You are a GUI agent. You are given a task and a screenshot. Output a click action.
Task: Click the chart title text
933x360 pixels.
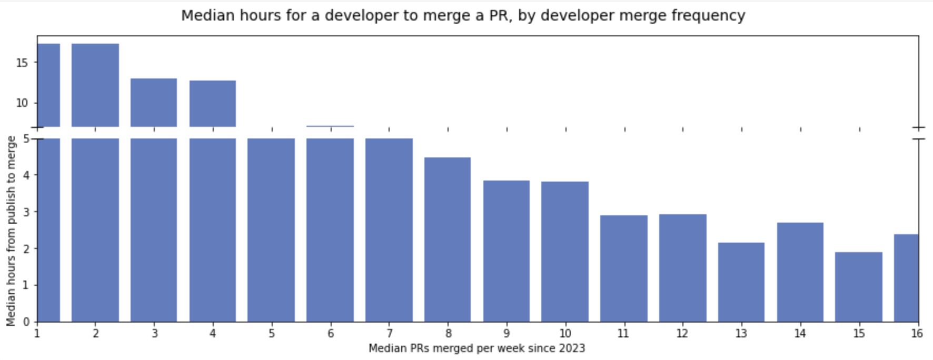463,16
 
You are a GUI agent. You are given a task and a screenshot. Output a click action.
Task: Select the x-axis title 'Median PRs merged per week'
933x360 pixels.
477,348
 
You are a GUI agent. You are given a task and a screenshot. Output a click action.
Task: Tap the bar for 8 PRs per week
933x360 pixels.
448,239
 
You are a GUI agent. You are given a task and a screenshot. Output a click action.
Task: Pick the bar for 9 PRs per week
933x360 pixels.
507,251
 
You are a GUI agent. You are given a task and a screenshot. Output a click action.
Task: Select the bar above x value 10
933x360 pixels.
565,252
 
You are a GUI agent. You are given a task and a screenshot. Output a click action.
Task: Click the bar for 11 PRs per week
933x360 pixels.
624,268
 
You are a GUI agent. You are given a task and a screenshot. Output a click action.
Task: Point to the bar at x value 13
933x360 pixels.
741,282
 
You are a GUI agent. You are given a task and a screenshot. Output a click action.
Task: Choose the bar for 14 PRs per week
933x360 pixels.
800,272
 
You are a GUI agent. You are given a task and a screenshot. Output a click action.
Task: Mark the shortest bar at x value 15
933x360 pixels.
859,287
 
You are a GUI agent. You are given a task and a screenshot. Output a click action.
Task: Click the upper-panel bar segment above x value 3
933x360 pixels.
154,103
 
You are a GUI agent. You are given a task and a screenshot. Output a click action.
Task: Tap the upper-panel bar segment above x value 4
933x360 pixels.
213,104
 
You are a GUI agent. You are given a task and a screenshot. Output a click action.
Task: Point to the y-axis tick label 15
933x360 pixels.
22,63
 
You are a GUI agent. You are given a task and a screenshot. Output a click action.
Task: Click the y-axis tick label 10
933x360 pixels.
22,103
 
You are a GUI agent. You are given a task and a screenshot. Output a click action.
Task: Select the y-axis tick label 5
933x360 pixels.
26,139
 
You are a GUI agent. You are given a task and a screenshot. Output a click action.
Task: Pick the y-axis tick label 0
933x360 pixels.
26,322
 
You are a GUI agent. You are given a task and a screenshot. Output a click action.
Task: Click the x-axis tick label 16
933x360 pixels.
917,334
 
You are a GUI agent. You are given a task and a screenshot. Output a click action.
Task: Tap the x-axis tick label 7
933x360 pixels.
389,334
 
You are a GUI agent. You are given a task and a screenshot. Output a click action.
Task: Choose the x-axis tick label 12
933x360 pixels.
682,334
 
